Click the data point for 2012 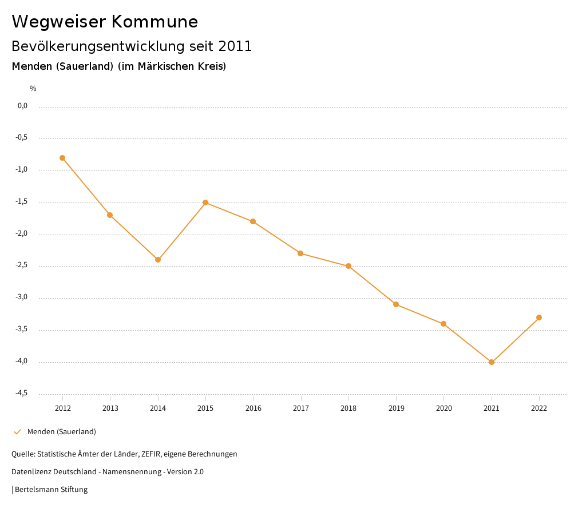click(x=62, y=158)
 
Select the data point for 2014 click(x=158, y=260)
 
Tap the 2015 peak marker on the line click(x=205, y=203)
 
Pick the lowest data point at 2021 click(x=492, y=362)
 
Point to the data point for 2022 click(x=539, y=317)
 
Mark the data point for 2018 click(x=349, y=266)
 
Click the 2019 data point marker click(x=396, y=304)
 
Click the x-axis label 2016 click(x=253, y=408)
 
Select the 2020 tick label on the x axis click(x=444, y=408)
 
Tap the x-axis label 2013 click(x=110, y=408)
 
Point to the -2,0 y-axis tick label click(x=22, y=234)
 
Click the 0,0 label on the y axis click(x=22, y=106)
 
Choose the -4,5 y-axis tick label click(x=22, y=394)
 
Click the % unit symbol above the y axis click(x=33, y=89)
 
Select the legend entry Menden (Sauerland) click(x=62, y=432)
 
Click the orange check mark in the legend click(x=17, y=432)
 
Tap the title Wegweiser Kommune click(x=105, y=22)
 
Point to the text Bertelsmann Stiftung click(x=51, y=490)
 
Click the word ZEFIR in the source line click(x=152, y=454)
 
